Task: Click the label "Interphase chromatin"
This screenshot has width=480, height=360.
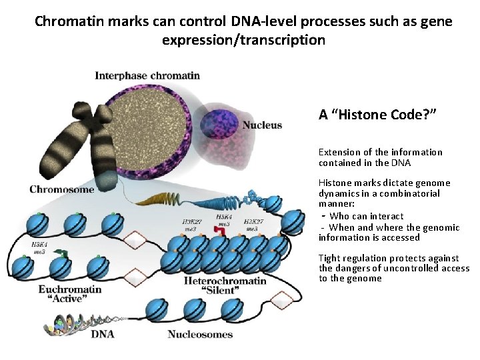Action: tap(147, 75)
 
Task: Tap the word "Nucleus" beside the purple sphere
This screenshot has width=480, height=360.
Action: tap(261, 125)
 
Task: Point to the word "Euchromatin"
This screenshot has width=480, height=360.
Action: tap(69, 289)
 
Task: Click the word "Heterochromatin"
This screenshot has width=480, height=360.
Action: tap(224, 281)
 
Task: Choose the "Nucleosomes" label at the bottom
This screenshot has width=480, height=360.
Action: tap(200, 333)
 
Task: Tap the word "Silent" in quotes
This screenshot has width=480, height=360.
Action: tap(224, 292)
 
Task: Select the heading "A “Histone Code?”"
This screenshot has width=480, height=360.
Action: tap(377, 114)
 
